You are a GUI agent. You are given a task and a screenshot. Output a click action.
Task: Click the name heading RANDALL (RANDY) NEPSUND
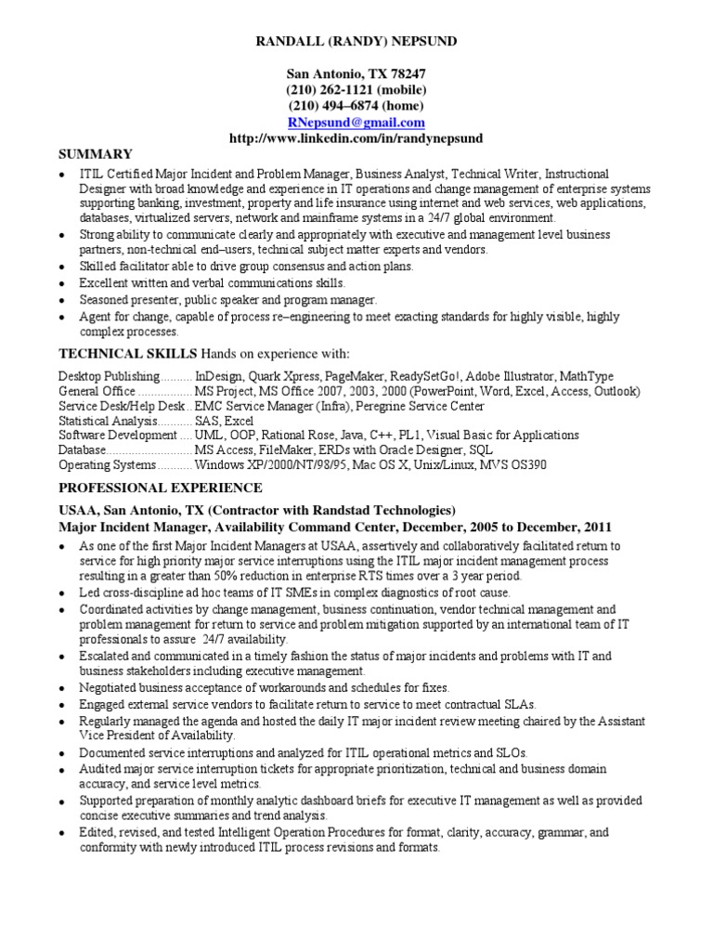tap(356, 42)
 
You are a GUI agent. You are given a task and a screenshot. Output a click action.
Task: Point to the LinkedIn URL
tap(356, 138)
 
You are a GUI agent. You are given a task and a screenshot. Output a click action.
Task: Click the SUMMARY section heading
tap(96, 154)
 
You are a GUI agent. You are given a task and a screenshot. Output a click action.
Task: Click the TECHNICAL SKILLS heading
tap(128, 354)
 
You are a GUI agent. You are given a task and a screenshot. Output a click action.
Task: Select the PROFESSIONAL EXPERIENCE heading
tap(161, 488)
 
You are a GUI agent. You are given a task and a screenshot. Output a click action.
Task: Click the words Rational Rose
tap(329, 436)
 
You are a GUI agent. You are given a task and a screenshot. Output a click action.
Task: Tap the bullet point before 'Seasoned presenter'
tap(62, 301)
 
